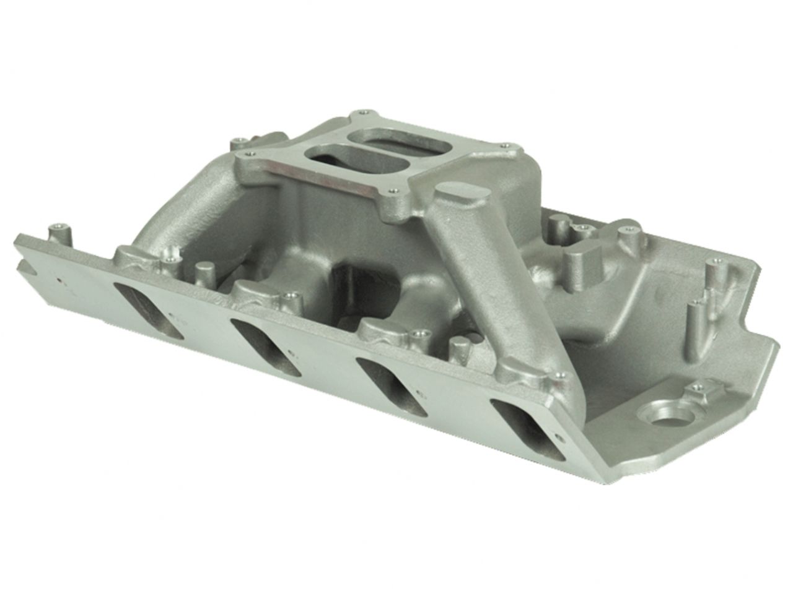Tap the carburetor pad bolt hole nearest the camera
pos(392,192)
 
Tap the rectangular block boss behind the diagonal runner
pos(584,261)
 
